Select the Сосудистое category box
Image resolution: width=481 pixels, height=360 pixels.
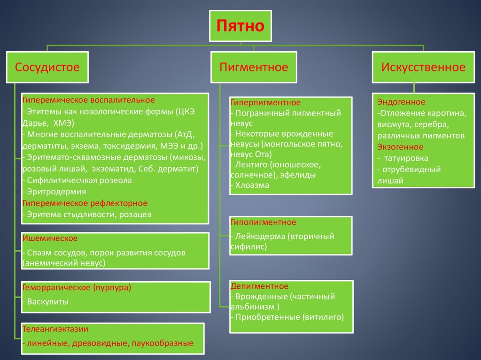tap(47, 67)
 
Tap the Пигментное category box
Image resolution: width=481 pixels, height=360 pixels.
tap(254, 67)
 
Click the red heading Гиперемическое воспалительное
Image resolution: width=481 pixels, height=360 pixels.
tap(88, 100)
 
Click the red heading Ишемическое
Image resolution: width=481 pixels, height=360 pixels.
tap(49, 239)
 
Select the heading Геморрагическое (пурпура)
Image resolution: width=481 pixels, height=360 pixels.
tap(76, 287)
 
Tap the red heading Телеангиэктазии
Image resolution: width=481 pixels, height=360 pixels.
tap(55, 329)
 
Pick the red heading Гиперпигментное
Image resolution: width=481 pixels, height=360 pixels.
tap(265, 102)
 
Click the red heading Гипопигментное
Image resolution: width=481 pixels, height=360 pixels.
tap(263, 222)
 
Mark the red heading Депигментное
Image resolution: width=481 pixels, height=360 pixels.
tap(259, 286)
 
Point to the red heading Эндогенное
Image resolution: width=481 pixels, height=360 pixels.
tap(401, 102)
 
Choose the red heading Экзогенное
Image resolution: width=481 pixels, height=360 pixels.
tap(400, 147)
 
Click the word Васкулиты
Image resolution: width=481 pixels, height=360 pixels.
tap(48, 302)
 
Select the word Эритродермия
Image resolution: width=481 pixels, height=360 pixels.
tap(56, 191)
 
